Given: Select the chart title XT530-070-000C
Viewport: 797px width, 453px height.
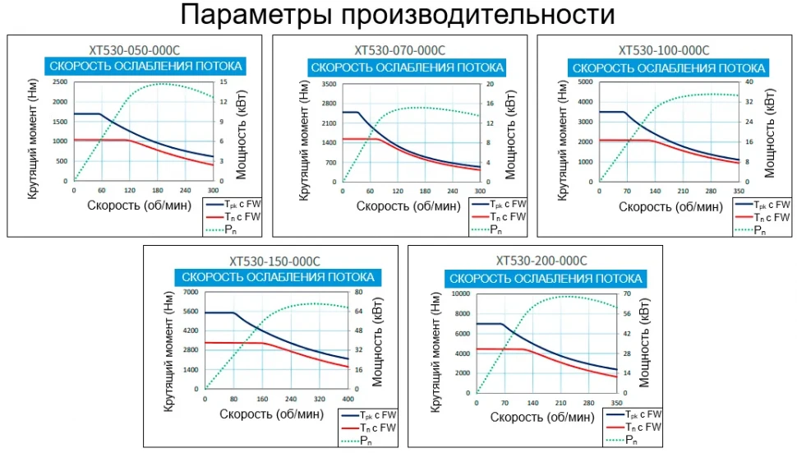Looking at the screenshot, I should (399, 49).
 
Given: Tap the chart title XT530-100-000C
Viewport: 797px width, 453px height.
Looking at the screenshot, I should (663, 49).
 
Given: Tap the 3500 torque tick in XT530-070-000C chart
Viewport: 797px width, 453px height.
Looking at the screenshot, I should (328, 84).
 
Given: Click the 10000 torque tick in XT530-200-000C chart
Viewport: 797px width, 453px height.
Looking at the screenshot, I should (458, 294).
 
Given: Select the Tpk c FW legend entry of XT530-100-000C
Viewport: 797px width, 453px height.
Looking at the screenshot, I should (762, 204).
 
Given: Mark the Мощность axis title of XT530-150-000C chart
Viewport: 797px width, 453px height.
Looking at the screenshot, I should (380, 341).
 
